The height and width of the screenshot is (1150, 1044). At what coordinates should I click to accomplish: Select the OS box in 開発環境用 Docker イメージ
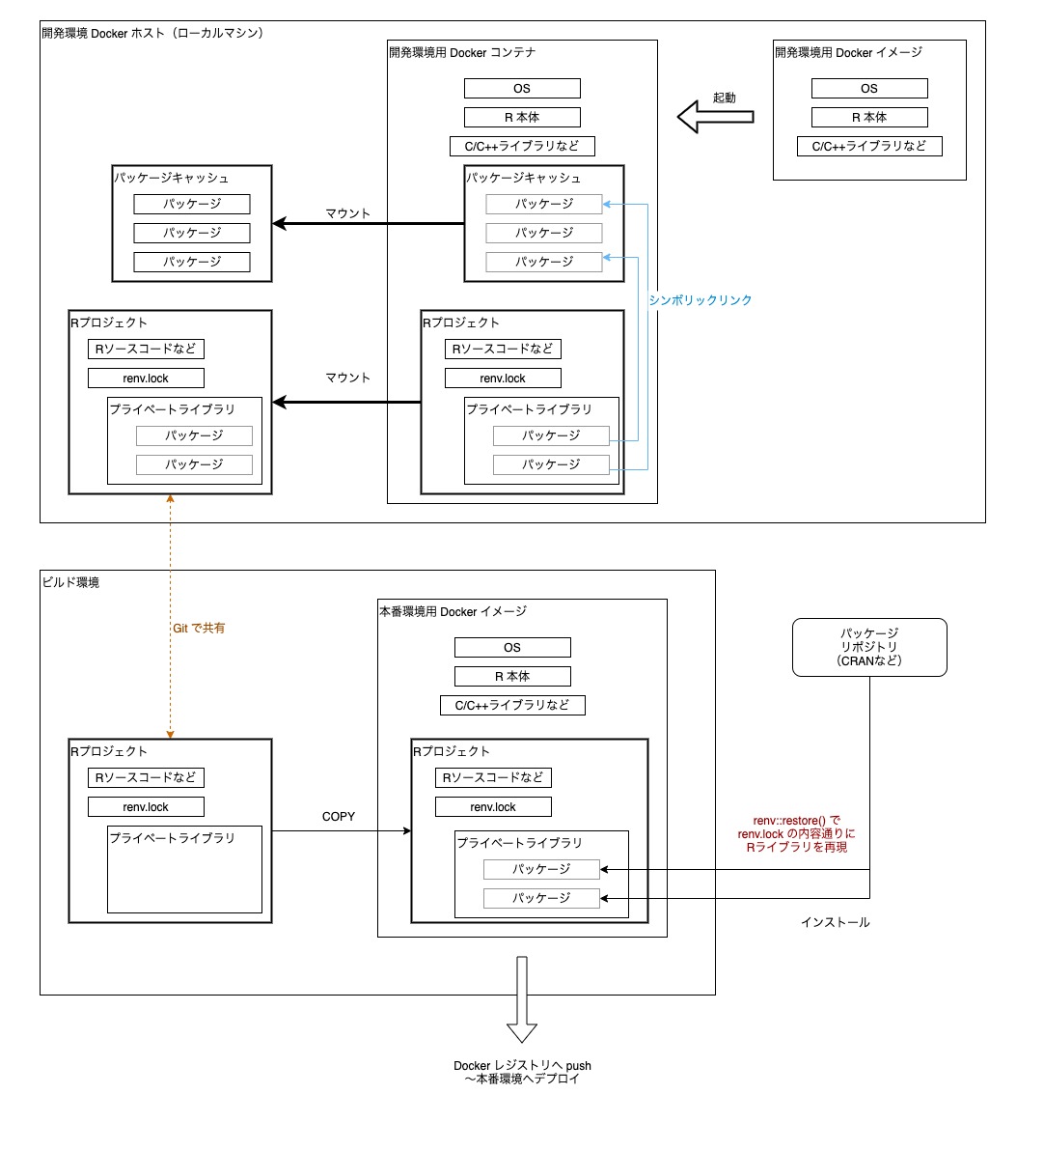pyautogui.click(x=868, y=89)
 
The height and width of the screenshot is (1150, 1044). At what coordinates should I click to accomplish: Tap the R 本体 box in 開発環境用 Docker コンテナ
pyautogui.click(x=522, y=118)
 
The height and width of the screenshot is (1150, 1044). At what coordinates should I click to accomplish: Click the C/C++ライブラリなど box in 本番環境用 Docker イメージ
pyautogui.click(x=512, y=705)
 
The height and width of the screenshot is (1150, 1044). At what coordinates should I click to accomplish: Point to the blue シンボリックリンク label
pyautogui.click(x=700, y=300)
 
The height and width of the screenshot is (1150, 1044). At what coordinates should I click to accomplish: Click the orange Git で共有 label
pyautogui.click(x=199, y=629)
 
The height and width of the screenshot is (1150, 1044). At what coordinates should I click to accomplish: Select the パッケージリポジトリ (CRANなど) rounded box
pyautogui.click(x=868, y=647)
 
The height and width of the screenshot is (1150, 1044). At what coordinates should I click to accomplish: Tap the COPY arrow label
pyautogui.click(x=339, y=817)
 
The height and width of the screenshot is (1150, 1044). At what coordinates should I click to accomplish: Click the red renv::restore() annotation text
pyautogui.click(x=796, y=833)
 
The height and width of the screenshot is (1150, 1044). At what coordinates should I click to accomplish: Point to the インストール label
pyautogui.click(x=835, y=922)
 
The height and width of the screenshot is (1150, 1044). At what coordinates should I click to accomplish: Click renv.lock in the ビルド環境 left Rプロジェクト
pyautogui.click(x=146, y=807)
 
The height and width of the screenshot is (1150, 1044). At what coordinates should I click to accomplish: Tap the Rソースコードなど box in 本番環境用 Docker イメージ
pyautogui.click(x=493, y=778)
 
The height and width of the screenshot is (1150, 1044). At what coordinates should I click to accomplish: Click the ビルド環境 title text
pyautogui.click(x=70, y=582)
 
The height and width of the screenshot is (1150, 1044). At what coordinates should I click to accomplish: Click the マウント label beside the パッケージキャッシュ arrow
pyautogui.click(x=347, y=213)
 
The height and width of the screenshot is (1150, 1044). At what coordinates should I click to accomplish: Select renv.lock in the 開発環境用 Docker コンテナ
pyautogui.click(x=503, y=379)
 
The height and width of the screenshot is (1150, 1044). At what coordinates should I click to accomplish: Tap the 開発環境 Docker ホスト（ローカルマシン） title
pyautogui.click(x=152, y=33)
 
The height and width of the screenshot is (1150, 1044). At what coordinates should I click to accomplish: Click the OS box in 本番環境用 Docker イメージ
pyautogui.click(x=512, y=648)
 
